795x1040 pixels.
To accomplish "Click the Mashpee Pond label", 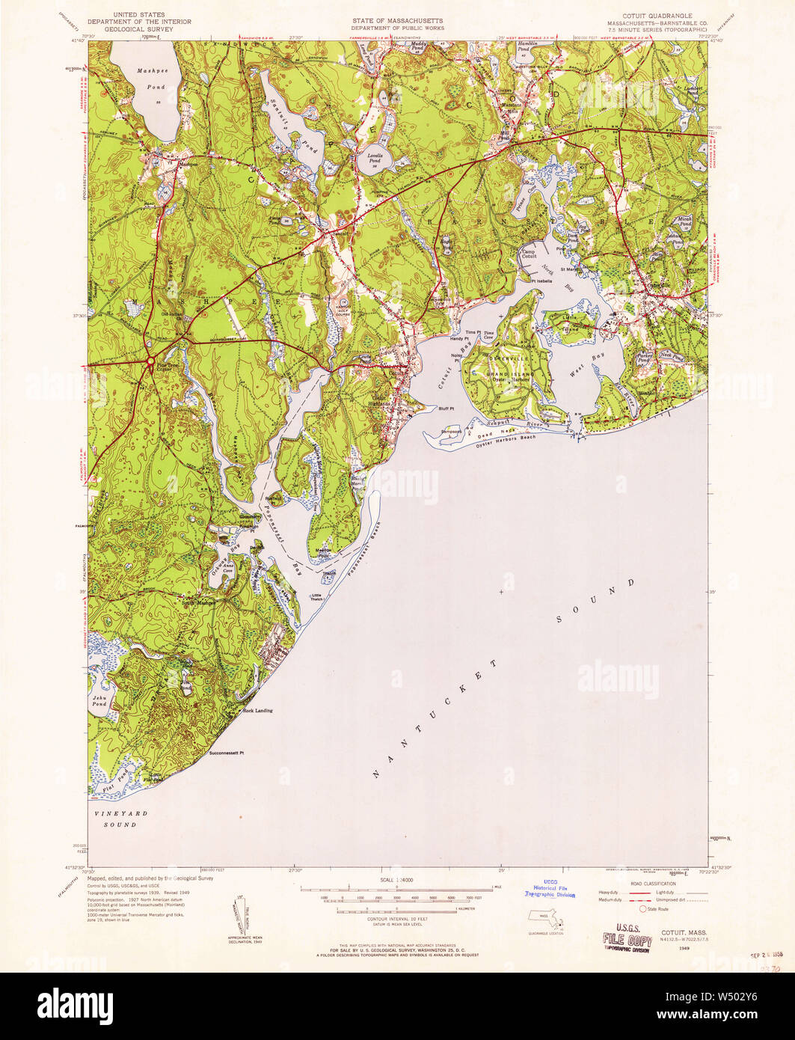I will click(151, 74).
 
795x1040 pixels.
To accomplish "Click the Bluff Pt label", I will click(446, 409).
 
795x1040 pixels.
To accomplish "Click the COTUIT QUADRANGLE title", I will click(649, 15).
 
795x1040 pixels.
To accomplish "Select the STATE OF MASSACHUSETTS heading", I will click(398, 20).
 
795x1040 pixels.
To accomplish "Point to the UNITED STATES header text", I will click(138, 14).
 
